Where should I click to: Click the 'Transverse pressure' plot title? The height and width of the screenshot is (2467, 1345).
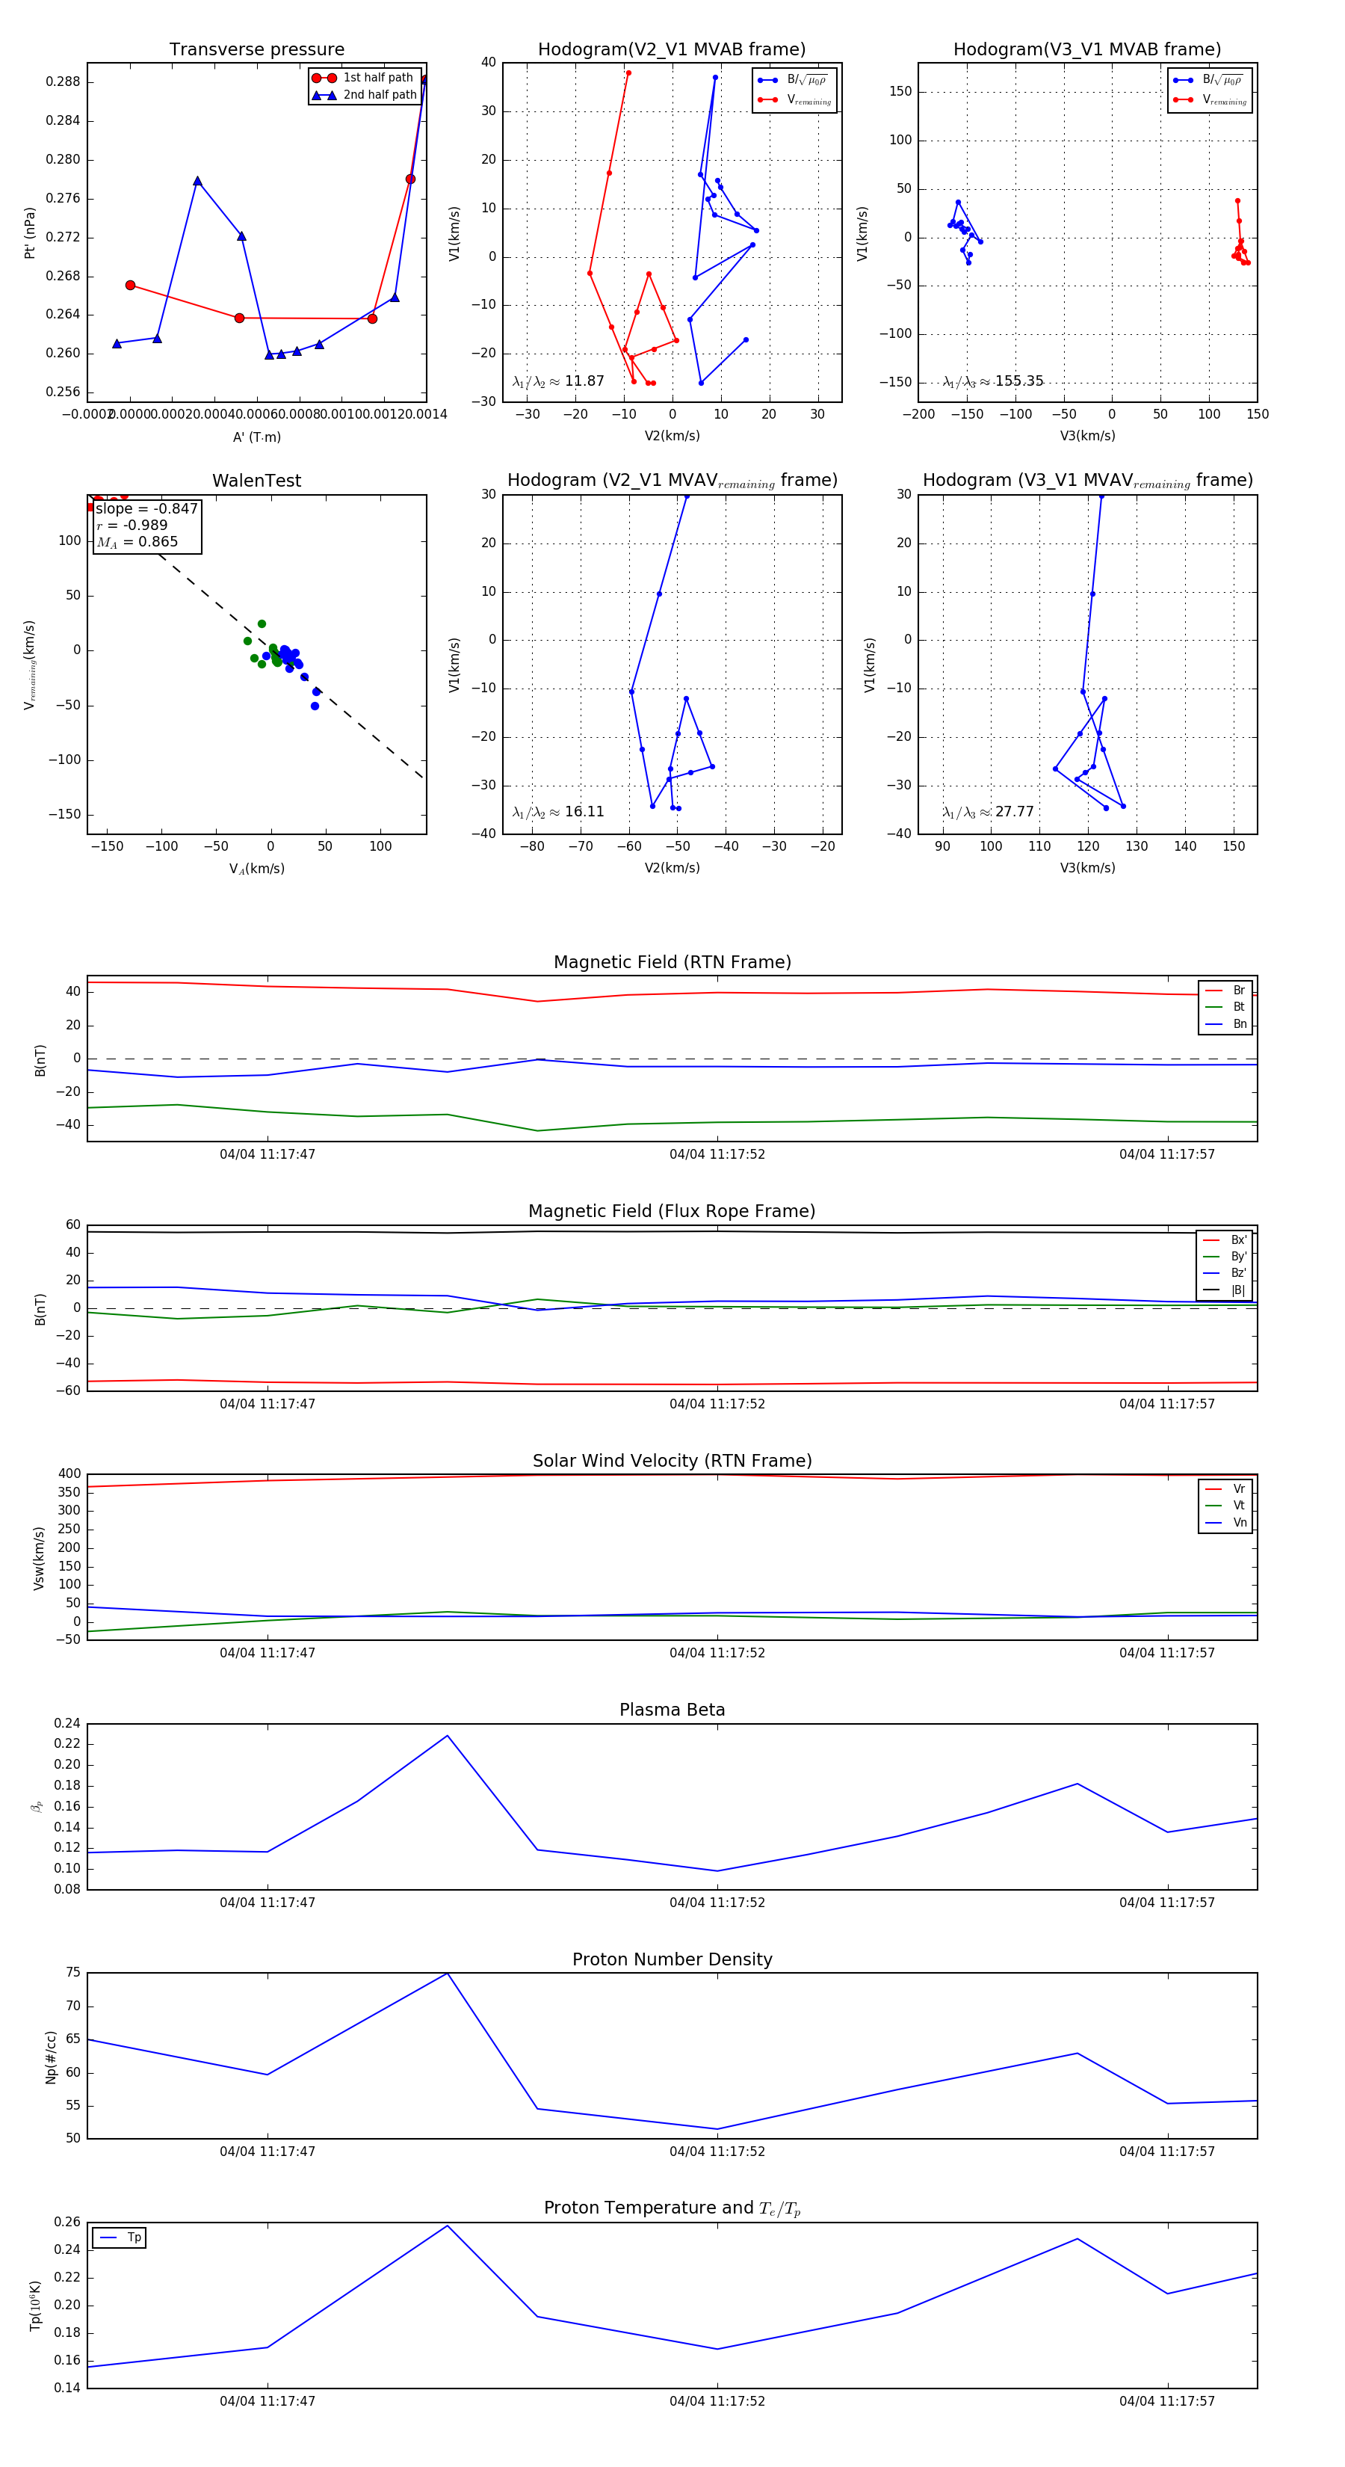coord(256,50)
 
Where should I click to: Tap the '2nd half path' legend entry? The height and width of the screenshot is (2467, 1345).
coord(379,95)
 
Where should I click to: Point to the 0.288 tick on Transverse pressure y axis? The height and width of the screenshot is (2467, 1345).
coord(64,81)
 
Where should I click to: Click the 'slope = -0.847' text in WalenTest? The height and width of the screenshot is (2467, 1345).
coord(146,508)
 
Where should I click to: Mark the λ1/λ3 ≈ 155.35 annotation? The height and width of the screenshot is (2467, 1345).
coord(993,381)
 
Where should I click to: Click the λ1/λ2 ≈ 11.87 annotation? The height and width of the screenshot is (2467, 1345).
coord(558,381)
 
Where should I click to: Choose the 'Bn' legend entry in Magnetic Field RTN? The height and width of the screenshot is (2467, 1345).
coord(1239,1023)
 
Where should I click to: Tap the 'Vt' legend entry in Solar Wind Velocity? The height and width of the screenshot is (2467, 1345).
coord(1238,1506)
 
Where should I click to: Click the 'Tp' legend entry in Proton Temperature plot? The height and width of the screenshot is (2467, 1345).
coord(134,2237)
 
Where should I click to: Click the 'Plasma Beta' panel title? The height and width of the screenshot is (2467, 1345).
coord(672,1710)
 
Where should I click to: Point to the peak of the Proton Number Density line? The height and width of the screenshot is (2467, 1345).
coord(447,1973)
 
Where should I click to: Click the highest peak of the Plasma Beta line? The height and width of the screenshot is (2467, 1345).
coord(447,1735)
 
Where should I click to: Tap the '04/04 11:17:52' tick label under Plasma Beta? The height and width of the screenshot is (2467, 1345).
coord(717,1902)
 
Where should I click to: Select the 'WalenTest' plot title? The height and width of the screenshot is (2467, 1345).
coord(256,481)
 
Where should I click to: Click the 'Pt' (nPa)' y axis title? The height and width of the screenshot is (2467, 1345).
coord(30,232)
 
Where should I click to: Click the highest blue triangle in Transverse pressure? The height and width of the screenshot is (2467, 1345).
coord(424,79)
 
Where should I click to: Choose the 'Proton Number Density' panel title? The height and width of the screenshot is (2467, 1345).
coord(672,1959)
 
